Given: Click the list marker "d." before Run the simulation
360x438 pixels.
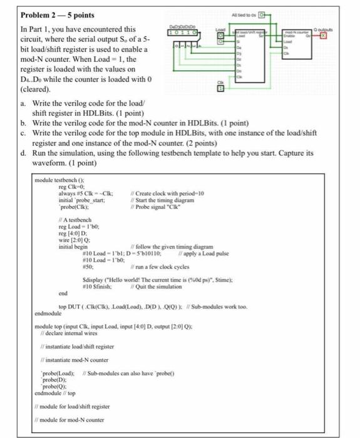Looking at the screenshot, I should [24, 152].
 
